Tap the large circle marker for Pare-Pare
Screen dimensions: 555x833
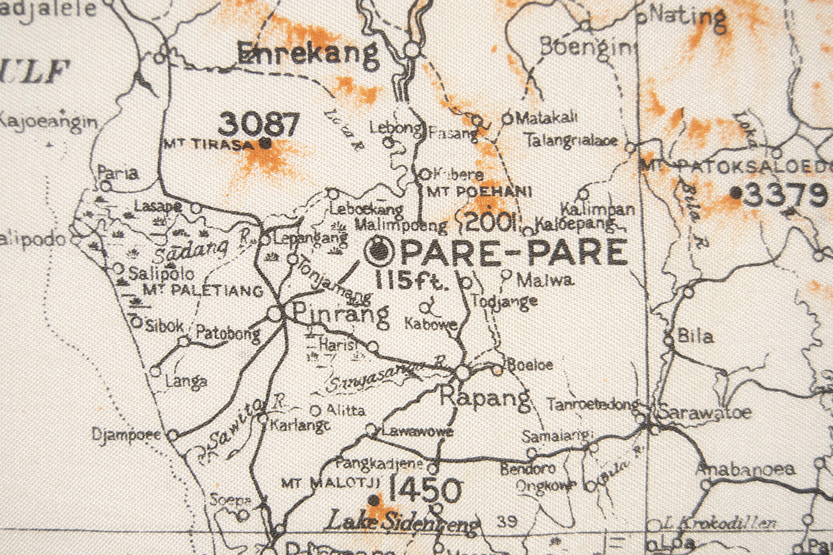379,250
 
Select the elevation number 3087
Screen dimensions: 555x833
258,124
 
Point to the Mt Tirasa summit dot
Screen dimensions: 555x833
265,142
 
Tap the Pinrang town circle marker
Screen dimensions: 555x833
275,314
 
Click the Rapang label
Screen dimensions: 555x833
485,398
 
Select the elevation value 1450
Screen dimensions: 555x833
424,490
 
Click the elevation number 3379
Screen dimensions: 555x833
785,195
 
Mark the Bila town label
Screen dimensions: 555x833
695,336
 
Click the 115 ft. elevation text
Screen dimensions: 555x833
412,280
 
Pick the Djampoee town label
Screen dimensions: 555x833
127,434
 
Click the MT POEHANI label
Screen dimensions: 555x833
479,192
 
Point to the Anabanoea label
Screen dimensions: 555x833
744,470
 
